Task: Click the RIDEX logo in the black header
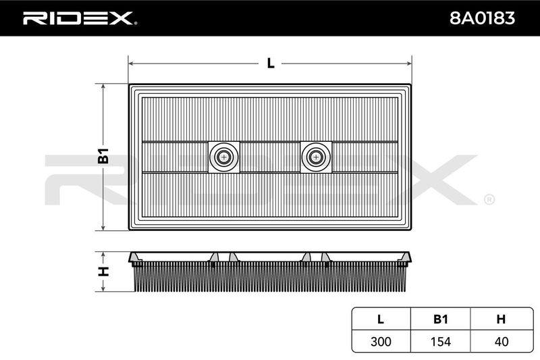80,18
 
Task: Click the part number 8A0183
482,18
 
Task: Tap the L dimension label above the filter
271,63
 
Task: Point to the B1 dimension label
103,156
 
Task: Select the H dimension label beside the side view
103,272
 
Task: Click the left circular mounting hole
224,157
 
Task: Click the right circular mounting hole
316,157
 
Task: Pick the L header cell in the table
381,319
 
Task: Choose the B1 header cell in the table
441,319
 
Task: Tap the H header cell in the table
501,319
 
